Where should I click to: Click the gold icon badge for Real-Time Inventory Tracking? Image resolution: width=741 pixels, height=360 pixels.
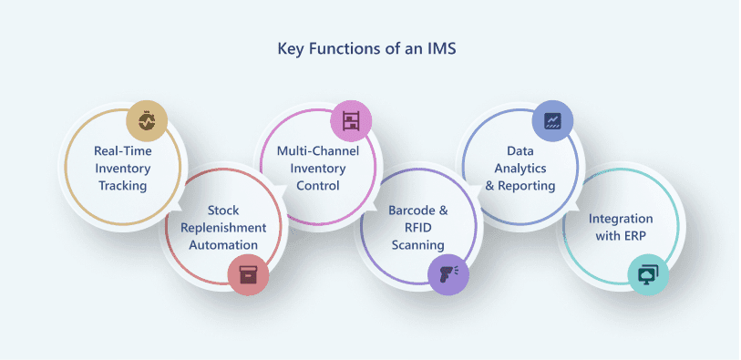pyautogui.click(x=147, y=121)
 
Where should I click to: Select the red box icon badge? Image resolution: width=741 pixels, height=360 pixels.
pyautogui.click(x=248, y=275)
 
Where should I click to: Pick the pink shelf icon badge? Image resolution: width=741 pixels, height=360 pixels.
pyautogui.click(x=351, y=121)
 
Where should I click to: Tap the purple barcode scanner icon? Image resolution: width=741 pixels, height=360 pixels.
pyautogui.click(x=448, y=275)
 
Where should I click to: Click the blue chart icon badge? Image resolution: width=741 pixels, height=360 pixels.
pyautogui.click(x=552, y=121)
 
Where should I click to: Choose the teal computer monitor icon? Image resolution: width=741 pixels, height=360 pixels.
pyautogui.click(x=648, y=275)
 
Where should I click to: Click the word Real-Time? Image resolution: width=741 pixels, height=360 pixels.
pyautogui.click(x=123, y=151)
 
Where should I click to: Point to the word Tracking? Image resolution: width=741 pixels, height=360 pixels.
pyautogui.click(x=123, y=186)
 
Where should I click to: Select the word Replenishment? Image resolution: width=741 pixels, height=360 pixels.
pyautogui.click(x=223, y=228)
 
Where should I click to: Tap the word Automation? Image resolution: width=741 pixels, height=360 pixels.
pyautogui.click(x=223, y=245)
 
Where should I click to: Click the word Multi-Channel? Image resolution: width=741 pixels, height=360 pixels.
pyautogui.click(x=318, y=151)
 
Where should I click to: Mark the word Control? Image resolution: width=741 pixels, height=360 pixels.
pyautogui.click(x=318, y=186)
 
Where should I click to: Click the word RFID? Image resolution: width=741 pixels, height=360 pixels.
pyautogui.click(x=418, y=228)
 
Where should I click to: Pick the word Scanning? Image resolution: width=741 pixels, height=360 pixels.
pyautogui.click(x=418, y=245)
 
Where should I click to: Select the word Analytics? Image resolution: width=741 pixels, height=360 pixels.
pyautogui.click(x=520, y=169)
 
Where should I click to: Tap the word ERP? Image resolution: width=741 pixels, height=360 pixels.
pyautogui.click(x=633, y=236)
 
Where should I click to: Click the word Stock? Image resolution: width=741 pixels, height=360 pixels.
pyautogui.click(x=223, y=211)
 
